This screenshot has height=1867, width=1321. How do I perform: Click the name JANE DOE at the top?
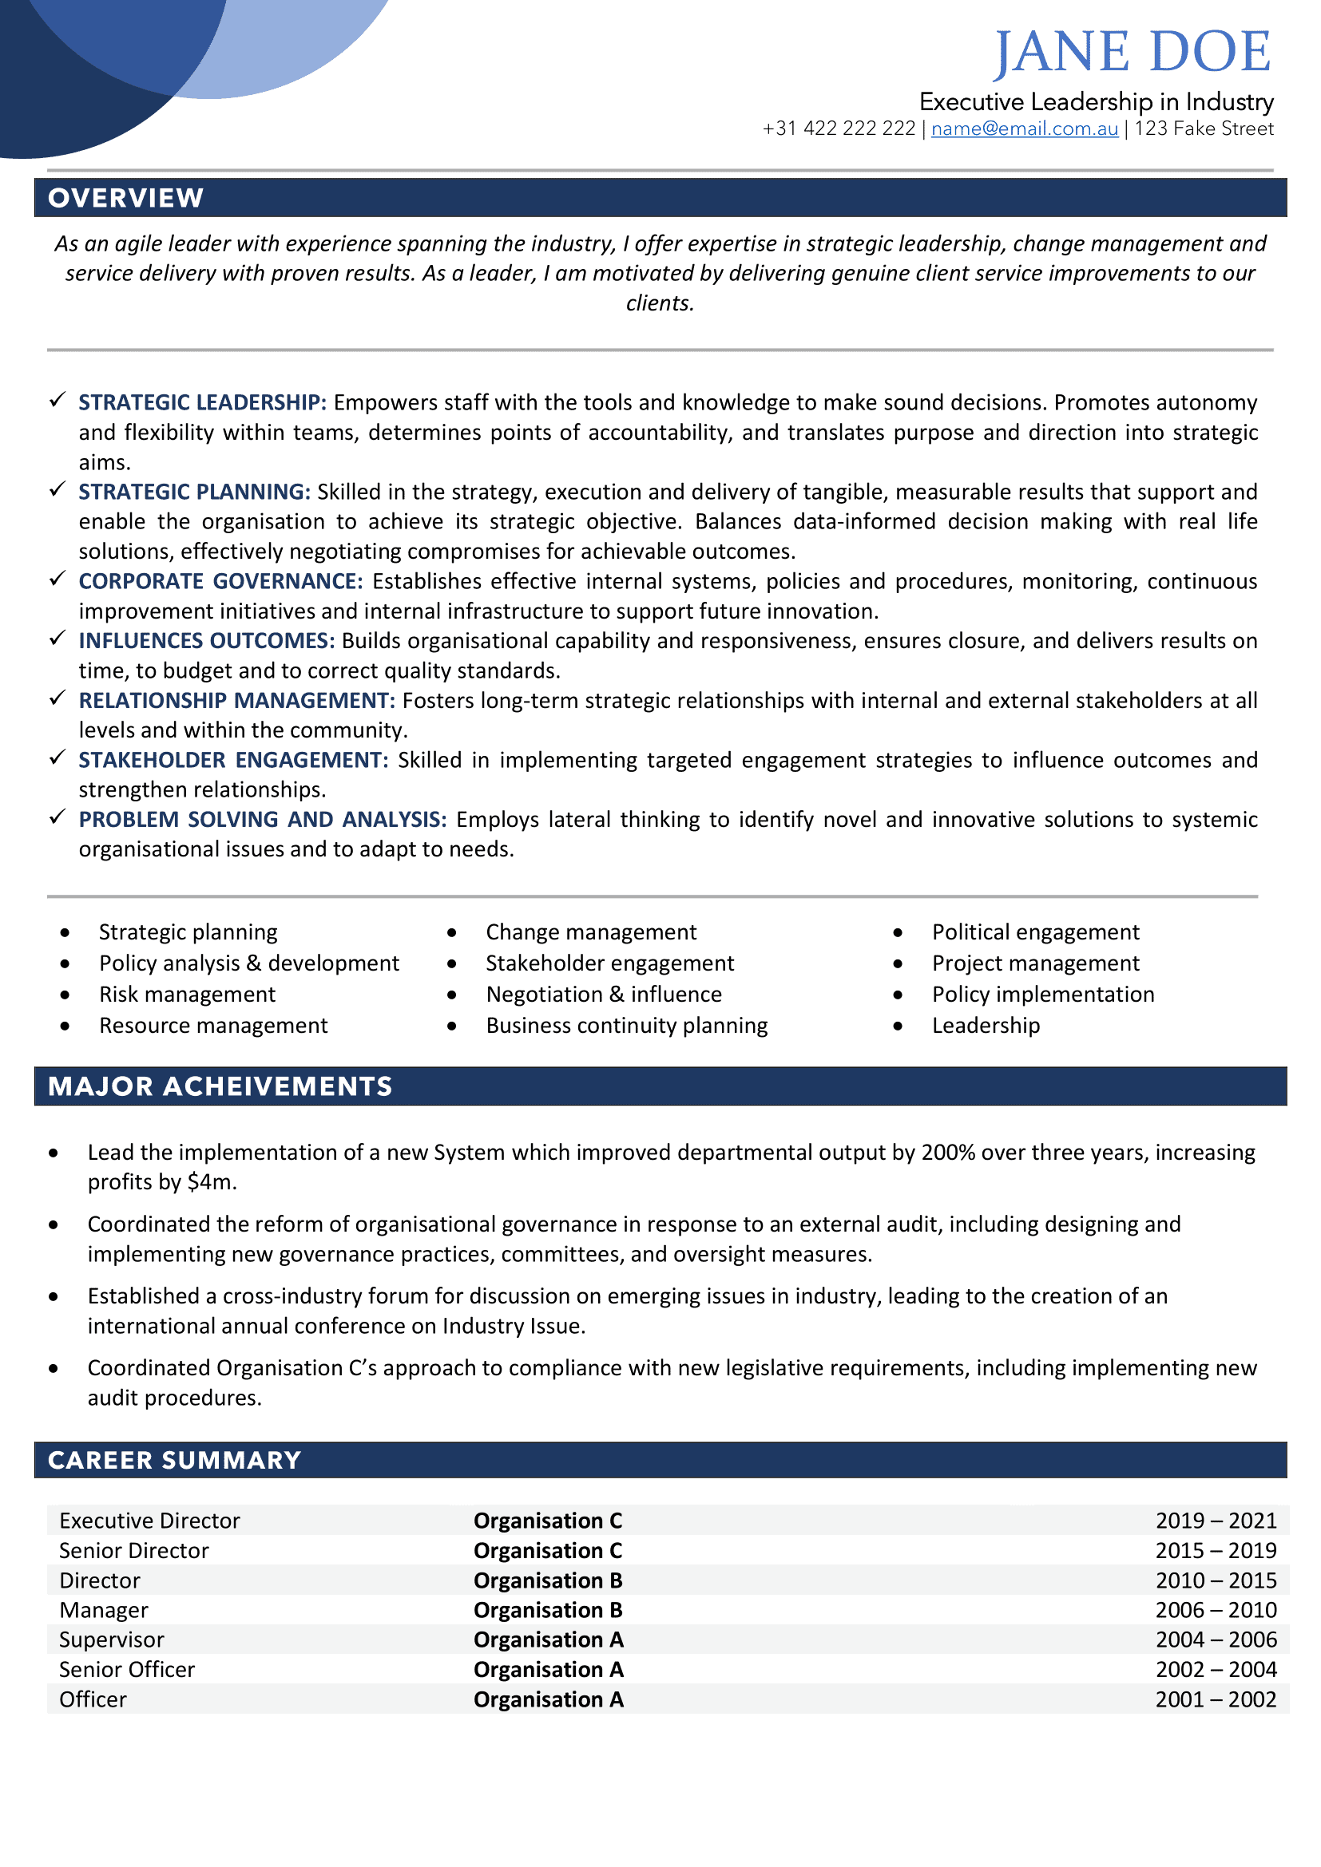point(1133,52)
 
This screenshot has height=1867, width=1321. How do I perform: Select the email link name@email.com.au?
point(1024,129)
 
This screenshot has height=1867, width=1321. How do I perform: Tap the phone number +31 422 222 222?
point(839,129)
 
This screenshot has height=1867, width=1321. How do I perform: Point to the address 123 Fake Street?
point(1204,129)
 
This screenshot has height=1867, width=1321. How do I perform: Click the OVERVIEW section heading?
point(125,198)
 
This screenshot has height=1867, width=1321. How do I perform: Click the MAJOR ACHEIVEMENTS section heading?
point(220,1086)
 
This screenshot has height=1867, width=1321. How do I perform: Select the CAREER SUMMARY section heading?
point(174,1461)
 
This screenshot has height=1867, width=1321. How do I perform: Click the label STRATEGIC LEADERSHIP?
point(203,402)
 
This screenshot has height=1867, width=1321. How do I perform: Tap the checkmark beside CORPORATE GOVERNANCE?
point(57,579)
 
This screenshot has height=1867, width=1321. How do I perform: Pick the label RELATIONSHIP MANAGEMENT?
point(236,700)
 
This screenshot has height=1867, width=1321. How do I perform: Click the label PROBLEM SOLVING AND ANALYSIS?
point(263,819)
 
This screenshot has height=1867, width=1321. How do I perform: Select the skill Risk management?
point(187,995)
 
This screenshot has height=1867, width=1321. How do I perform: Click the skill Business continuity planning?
point(626,1026)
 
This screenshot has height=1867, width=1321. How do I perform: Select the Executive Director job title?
point(149,1521)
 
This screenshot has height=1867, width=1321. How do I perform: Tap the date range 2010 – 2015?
point(1216,1580)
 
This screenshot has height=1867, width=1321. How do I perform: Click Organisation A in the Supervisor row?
point(548,1640)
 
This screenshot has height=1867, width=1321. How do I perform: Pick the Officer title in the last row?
point(93,1699)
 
